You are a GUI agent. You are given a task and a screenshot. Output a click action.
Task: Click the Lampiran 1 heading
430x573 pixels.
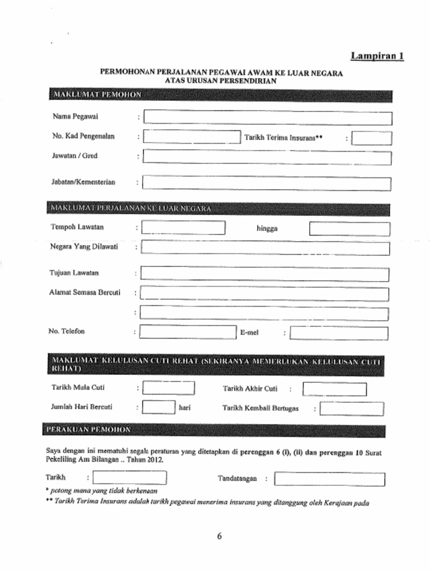point(377,56)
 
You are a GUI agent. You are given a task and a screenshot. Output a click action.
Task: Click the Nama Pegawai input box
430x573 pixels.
point(267,118)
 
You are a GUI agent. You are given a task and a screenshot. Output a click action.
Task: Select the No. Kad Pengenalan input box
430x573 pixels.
point(191,137)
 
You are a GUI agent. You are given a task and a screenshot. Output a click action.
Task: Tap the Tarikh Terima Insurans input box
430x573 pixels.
point(372,138)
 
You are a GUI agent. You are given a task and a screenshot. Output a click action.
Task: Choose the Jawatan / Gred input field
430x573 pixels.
point(267,157)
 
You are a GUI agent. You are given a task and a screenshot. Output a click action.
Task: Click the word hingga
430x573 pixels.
point(267,228)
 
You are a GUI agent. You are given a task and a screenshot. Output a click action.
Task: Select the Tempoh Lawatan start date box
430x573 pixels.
point(183,228)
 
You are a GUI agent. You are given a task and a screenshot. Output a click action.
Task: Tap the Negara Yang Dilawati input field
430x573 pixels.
point(265,248)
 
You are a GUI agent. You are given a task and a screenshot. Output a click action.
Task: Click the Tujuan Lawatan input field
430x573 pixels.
point(265,274)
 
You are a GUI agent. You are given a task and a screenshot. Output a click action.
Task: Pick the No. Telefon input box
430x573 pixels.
point(188,332)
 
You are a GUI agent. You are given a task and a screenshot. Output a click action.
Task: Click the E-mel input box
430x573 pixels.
point(339,334)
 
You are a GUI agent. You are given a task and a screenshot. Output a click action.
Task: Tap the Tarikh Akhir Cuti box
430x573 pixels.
point(334,389)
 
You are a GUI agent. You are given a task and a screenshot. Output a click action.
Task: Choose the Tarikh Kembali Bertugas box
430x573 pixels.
point(352,409)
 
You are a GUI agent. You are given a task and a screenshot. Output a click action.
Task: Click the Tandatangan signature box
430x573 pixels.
point(329,480)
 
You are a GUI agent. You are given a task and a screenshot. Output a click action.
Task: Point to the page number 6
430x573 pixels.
point(219,536)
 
